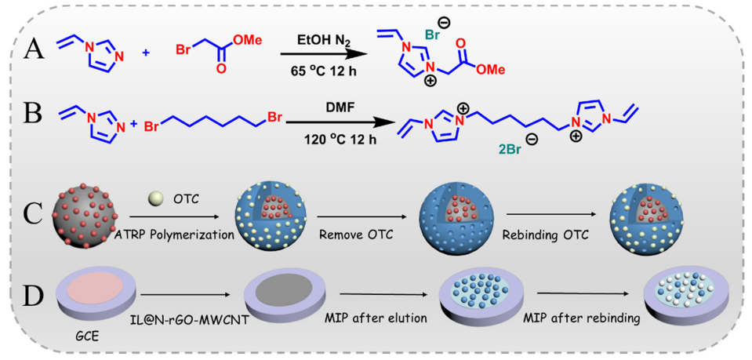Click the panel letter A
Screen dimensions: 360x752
click(x=33, y=49)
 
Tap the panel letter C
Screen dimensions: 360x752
click(x=35, y=213)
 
